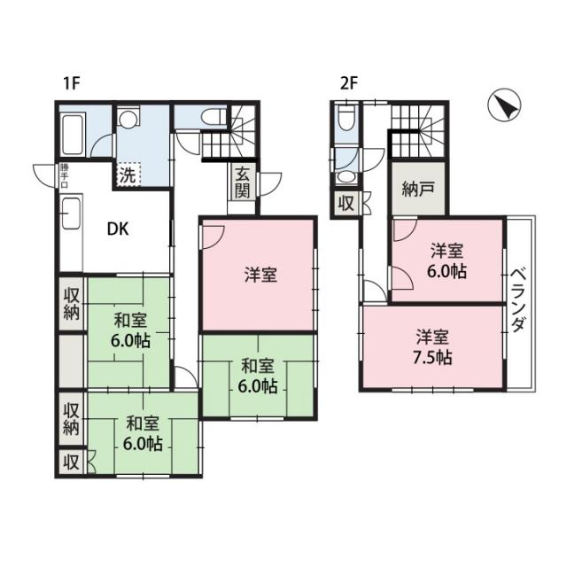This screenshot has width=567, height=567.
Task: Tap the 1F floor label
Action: pyautogui.click(x=71, y=84)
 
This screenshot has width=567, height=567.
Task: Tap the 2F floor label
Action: pyautogui.click(x=348, y=84)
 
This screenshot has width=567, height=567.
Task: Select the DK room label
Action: pyautogui.click(x=118, y=229)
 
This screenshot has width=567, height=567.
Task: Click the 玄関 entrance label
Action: pyautogui.click(x=242, y=182)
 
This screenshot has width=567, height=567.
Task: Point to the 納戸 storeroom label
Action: pyautogui.click(x=418, y=190)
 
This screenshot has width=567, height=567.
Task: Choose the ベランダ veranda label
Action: pyautogui.click(x=517, y=299)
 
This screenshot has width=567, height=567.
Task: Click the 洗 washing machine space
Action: pyautogui.click(x=128, y=175)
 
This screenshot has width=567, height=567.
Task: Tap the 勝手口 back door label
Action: pyautogui.click(x=64, y=176)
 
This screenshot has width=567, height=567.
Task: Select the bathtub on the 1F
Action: pyautogui.click(x=73, y=134)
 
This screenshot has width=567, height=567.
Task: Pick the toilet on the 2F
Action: pyautogui.click(x=346, y=119)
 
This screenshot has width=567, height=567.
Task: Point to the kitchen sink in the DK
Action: pyautogui.click(x=72, y=214)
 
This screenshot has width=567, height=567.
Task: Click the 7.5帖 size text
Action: pyautogui.click(x=432, y=358)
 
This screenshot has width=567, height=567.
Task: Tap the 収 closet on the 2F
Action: pyautogui.click(x=346, y=204)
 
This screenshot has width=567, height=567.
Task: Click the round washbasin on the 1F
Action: pyautogui.click(x=128, y=117)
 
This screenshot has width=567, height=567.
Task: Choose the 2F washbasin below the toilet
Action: pyautogui.click(x=346, y=177)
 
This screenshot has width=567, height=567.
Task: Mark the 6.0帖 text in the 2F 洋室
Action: pyautogui.click(x=447, y=272)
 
